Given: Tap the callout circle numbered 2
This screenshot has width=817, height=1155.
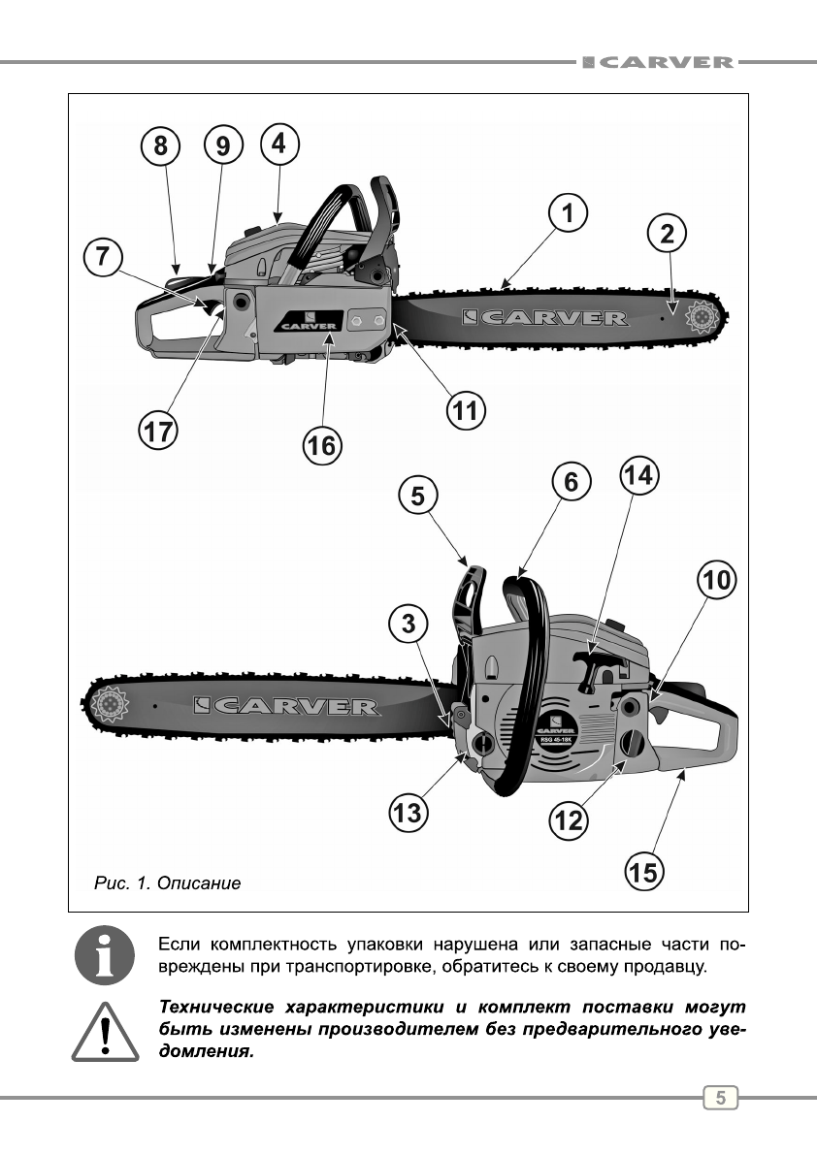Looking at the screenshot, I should pyautogui.click(x=667, y=233).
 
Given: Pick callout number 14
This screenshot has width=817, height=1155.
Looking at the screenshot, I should pyautogui.click(x=639, y=475).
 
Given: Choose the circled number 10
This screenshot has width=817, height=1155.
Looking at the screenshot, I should pyautogui.click(x=716, y=581).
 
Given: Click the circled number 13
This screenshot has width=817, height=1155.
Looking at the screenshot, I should pyautogui.click(x=408, y=811).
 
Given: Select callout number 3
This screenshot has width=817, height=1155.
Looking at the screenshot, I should pyautogui.click(x=409, y=623).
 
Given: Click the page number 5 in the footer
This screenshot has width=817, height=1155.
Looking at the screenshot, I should pyautogui.click(x=720, y=1098).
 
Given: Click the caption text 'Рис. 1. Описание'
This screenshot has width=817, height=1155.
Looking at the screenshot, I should pyautogui.click(x=167, y=883).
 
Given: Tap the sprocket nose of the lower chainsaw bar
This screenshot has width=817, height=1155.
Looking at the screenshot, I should pyautogui.click(x=107, y=703).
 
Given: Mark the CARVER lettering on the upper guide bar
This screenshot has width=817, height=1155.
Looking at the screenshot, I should pyautogui.click(x=545, y=317).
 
